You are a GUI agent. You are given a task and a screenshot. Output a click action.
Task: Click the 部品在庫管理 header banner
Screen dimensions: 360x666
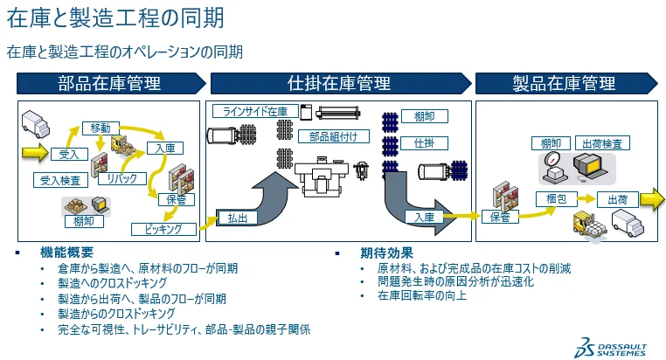pyautogui.click(x=110, y=84)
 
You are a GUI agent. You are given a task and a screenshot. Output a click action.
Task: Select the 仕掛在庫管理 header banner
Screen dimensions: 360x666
pyautogui.click(x=339, y=84)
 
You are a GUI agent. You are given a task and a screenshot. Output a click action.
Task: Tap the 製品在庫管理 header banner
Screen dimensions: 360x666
pyautogui.click(x=564, y=84)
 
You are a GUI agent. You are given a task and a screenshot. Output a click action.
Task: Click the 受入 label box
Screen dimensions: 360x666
pyautogui.click(x=68, y=154)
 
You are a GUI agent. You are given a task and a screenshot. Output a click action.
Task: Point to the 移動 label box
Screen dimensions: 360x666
pyautogui.click(x=101, y=128)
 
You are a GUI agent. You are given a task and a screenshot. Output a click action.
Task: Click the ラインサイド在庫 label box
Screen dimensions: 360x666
pyautogui.click(x=255, y=111)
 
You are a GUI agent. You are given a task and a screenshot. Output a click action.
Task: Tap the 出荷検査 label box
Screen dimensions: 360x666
pyautogui.click(x=604, y=142)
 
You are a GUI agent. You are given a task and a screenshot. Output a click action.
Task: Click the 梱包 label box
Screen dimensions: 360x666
pyautogui.click(x=557, y=199)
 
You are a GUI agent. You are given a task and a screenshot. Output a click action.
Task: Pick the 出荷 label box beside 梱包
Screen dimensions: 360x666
pyautogui.click(x=616, y=199)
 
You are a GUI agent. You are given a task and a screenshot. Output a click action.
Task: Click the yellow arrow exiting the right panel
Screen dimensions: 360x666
pyautogui.click(x=651, y=198)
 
